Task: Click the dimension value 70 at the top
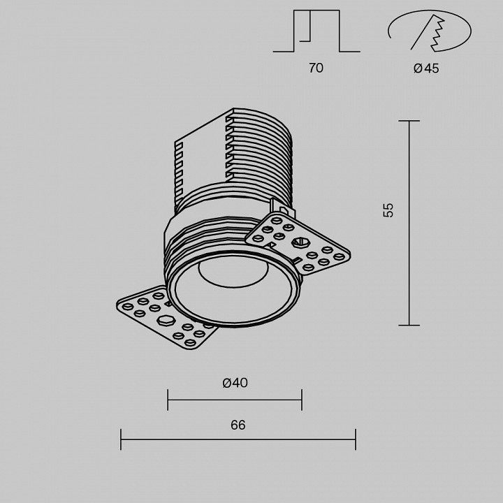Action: pyautogui.click(x=316, y=68)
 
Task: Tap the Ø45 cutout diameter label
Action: pyautogui.click(x=426, y=68)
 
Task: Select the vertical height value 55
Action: pyautogui.click(x=388, y=210)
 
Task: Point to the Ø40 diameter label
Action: pyautogui.click(x=235, y=383)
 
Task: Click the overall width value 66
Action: pyautogui.click(x=238, y=425)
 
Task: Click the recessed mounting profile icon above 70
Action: pyautogui.click(x=316, y=31)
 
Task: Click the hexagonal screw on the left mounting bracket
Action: pyautogui.click(x=166, y=321)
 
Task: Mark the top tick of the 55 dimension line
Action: pyautogui.click(x=409, y=121)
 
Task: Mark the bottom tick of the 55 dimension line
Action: pyautogui.click(x=409, y=325)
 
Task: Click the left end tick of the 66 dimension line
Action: pyautogui.click(x=121, y=439)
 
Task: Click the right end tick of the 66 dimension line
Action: pyautogui.click(x=356, y=439)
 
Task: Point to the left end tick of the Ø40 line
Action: pyautogui.click(x=168, y=400)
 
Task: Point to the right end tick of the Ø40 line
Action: pyautogui.click(x=302, y=400)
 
